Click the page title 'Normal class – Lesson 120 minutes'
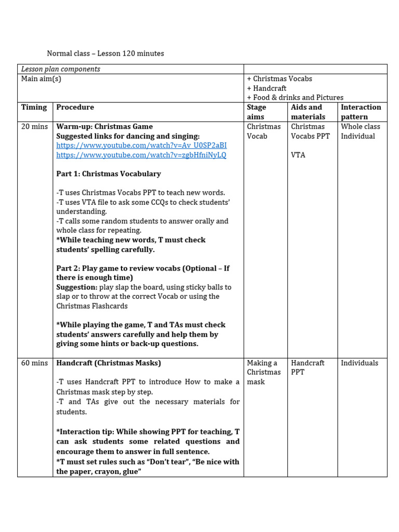pyautogui.click(x=105, y=54)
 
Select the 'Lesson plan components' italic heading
pyautogui.click(x=60, y=69)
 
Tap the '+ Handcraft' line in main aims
pyautogui.click(x=267, y=88)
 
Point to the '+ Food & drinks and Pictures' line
pyautogui.click(x=295, y=98)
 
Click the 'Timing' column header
pyautogui.click(x=34, y=108)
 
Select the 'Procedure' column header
pyautogui.click(x=75, y=108)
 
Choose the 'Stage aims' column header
pyautogui.click(x=257, y=112)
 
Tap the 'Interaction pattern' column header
pyautogui.click(x=361, y=112)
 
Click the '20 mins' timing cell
pyautogui.click(x=34, y=127)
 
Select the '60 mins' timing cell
pyautogui.click(x=34, y=363)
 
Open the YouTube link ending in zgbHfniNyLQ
pyautogui.click(x=141, y=155)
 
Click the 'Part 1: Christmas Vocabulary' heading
pyautogui.click(x=109, y=174)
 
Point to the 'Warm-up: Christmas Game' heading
pyautogui.click(x=104, y=127)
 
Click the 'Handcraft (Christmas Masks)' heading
pyautogui.click(x=109, y=363)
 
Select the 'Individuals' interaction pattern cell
pyautogui.click(x=360, y=363)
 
